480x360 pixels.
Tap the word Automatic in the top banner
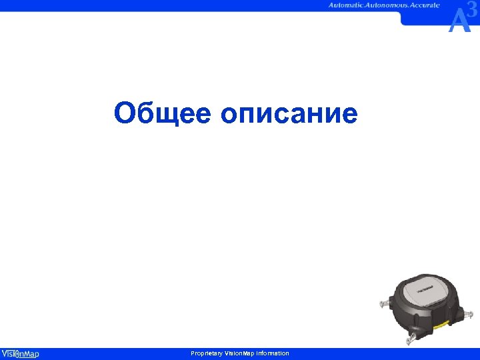[x=349, y=5]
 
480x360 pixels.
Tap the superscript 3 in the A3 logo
[x=472, y=10]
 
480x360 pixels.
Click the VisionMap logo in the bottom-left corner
[x=20, y=353]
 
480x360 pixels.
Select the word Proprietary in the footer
[x=207, y=353]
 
